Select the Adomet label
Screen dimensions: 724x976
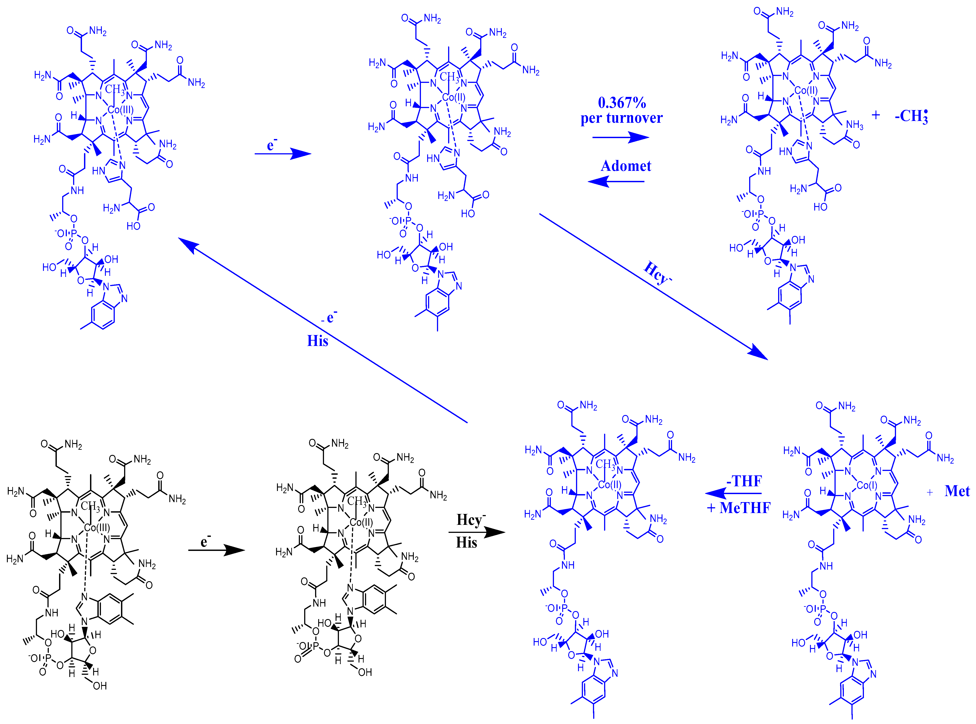(626, 166)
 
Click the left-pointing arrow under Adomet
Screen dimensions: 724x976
(616, 181)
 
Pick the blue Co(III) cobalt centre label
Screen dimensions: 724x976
(121, 110)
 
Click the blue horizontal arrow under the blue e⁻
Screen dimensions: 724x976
(283, 154)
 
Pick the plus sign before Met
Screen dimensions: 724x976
(930, 493)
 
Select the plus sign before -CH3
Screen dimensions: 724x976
(876, 115)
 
